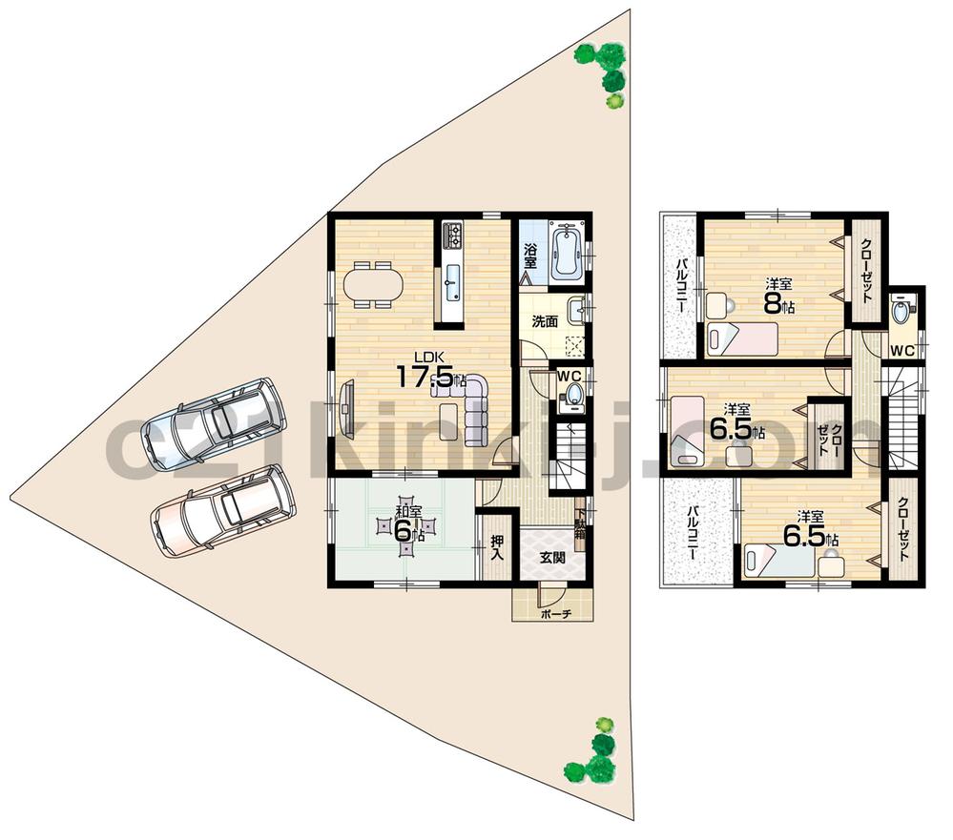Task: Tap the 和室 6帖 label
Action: pyautogui.click(x=408, y=524)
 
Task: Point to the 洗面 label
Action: pyautogui.click(x=545, y=321)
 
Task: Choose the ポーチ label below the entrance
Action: pyautogui.click(x=553, y=615)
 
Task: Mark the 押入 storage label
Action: pyautogui.click(x=497, y=547)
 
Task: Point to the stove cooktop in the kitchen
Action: pyautogui.click(x=451, y=233)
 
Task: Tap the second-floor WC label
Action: pyautogui.click(x=902, y=351)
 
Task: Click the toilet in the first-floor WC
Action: pyautogui.click(x=572, y=395)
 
